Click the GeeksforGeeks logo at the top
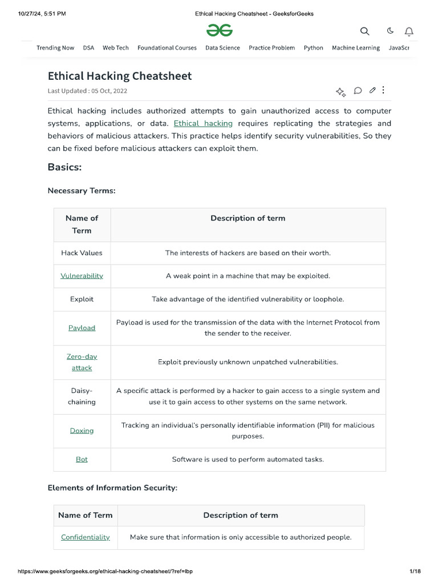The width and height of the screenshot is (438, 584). pos(220,30)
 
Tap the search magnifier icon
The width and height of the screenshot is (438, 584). pos(364,31)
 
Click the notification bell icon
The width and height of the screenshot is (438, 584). pos(409,31)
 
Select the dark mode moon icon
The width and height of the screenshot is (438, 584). pos(390,31)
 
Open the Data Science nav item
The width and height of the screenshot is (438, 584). pos(222,48)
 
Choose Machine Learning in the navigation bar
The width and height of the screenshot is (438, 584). pos(355,48)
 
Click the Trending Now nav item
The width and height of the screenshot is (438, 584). pos(55,48)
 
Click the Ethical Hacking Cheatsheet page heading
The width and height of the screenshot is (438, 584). pos(119,76)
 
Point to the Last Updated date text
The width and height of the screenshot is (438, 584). pos(87,91)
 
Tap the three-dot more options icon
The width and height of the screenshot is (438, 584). pos(383,90)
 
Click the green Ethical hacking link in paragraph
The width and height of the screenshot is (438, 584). pos(203,123)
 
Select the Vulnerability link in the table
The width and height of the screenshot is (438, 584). pos(82,276)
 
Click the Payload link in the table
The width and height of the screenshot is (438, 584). pos(82,328)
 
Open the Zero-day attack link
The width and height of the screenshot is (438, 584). pos(82,362)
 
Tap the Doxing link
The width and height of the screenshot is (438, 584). pos(82,431)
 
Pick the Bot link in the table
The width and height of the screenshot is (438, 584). pos(82,459)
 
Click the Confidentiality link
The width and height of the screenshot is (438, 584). pos(86,537)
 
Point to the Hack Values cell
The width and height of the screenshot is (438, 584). pos(82,253)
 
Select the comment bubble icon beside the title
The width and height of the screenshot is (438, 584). pos(358,90)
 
